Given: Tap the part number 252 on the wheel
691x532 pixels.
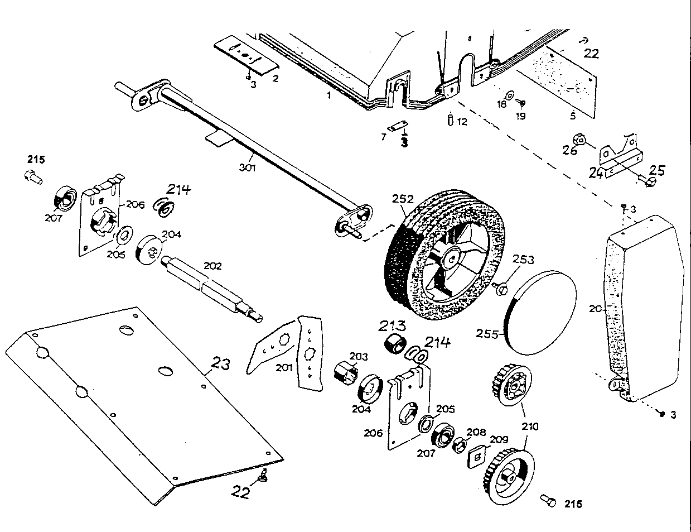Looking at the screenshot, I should click(x=403, y=199).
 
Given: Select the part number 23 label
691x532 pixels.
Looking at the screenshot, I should click(x=220, y=365).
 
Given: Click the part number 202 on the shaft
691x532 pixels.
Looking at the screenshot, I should click(x=212, y=266).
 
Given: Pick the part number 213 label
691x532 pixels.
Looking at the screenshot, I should click(x=394, y=326).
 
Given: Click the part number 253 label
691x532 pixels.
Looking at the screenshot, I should click(x=523, y=260).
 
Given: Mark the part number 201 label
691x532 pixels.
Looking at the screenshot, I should click(x=283, y=367).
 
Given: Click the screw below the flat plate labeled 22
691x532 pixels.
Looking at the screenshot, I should click(x=263, y=475).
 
